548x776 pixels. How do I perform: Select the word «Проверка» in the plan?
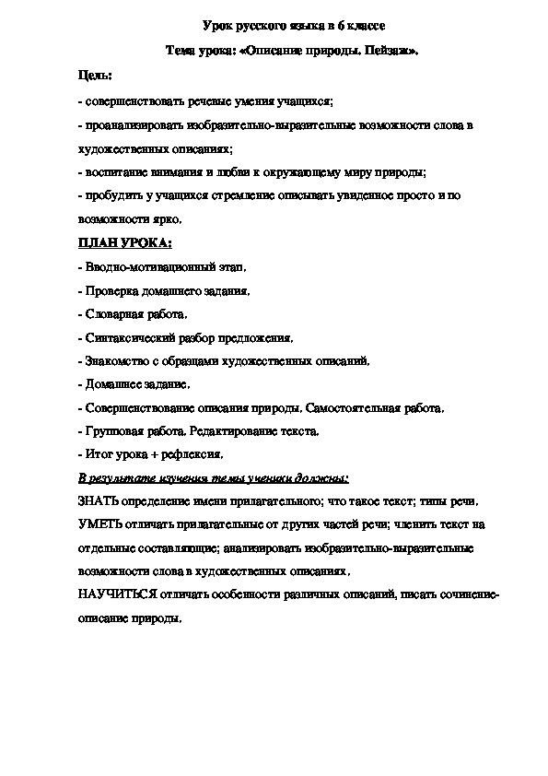pyautogui.click(x=110, y=291)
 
